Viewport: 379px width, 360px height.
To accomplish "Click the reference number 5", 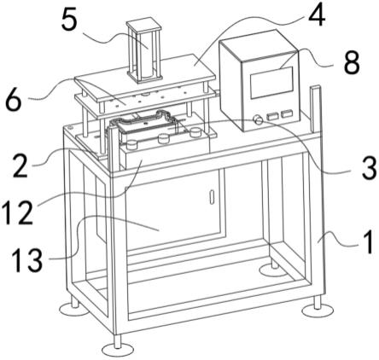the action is pos(69,20).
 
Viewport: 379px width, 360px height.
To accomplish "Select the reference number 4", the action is pos(317,15).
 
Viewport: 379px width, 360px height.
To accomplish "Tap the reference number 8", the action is pos(352,63).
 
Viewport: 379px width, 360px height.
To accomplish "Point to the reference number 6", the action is pos(14,100).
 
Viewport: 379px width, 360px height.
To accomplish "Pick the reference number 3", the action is pos(370,168).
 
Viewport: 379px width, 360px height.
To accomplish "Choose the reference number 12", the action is pos(17,212).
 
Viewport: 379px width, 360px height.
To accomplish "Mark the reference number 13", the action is pos(27,259).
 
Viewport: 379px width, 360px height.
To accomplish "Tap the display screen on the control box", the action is pos(271,83).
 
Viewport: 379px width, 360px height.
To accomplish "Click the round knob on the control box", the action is pos(259,119).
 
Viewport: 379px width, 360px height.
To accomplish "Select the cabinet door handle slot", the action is pos(212,197).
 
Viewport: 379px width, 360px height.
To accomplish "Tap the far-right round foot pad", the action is pos(318,311).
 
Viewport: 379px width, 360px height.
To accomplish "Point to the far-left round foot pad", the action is pos(74,310).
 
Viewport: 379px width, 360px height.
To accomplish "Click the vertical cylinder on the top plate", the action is pos(144,49).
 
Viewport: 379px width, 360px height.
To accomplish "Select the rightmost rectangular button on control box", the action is pos(287,114).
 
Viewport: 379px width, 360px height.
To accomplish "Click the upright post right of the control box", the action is pos(315,109).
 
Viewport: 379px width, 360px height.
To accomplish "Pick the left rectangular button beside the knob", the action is pos(272,116).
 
